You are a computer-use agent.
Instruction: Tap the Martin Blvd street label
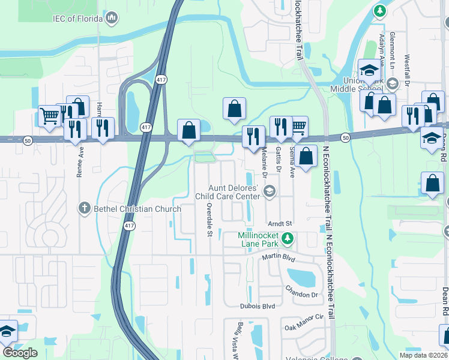pos(279,257)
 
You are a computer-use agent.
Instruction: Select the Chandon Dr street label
pos(301,295)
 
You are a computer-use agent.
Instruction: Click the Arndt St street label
pos(280,223)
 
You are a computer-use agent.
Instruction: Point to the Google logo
pos(20,352)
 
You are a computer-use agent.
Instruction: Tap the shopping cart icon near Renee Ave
pos(49,116)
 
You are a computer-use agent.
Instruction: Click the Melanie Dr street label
pos(264,164)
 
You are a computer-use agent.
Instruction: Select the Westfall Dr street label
pos(408,70)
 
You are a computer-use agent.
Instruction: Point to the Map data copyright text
pos(423,355)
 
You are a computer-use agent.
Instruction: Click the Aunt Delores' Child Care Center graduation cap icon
pos(270,192)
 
